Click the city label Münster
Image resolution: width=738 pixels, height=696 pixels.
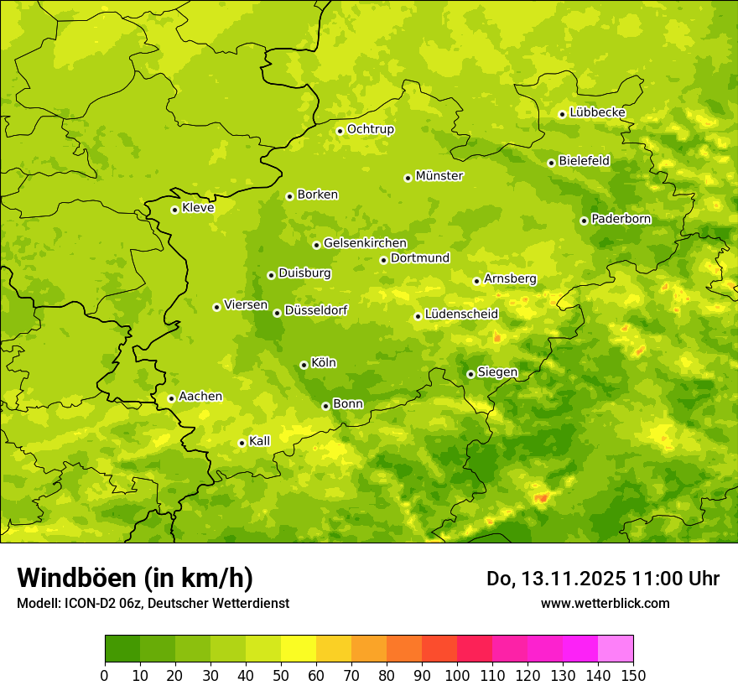[439, 176]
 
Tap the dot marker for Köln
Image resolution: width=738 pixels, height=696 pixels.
[304, 365]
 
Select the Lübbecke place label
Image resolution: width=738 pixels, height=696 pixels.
[597, 112]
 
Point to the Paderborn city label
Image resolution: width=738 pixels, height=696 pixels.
[621, 219]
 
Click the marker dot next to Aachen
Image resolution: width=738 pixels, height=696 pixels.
[171, 398]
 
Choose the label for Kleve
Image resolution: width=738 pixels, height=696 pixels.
[198, 208]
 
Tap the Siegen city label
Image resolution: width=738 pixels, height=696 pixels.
[497, 372]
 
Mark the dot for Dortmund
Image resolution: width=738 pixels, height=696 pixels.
[383, 260]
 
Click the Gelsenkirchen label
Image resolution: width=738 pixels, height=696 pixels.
[365, 243]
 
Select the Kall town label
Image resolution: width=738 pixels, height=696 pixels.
[259, 441]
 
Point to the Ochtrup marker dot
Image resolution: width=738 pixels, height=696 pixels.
[340, 131]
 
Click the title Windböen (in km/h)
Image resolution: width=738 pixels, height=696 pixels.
[135, 578]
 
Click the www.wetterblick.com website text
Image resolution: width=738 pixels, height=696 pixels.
[605, 603]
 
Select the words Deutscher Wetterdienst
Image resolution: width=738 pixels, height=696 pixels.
[226, 603]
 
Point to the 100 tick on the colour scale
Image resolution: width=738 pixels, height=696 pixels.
[457, 675]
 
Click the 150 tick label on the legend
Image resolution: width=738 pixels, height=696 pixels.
[633, 675]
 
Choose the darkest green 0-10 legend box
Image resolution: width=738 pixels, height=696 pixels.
[122, 649]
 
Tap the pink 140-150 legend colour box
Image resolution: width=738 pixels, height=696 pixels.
[616, 649]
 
